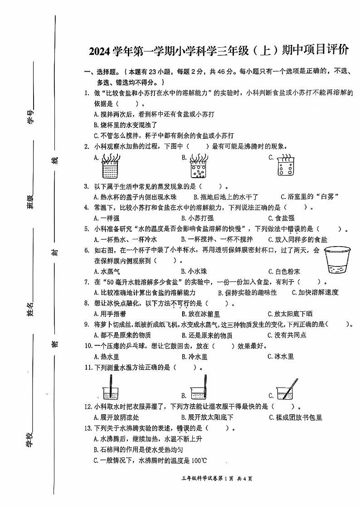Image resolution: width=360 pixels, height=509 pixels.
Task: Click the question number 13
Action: (88, 428)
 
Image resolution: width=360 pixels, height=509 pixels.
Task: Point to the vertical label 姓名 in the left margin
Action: (30, 310)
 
